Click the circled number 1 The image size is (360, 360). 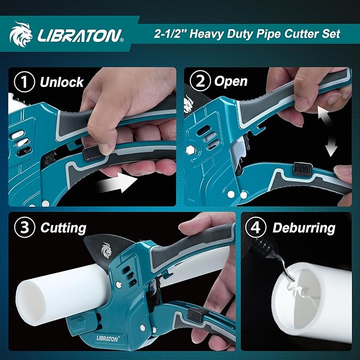[23, 82]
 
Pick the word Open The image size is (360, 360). [231, 81]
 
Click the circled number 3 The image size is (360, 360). [23, 228]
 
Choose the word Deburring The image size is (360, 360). [304, 228]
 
